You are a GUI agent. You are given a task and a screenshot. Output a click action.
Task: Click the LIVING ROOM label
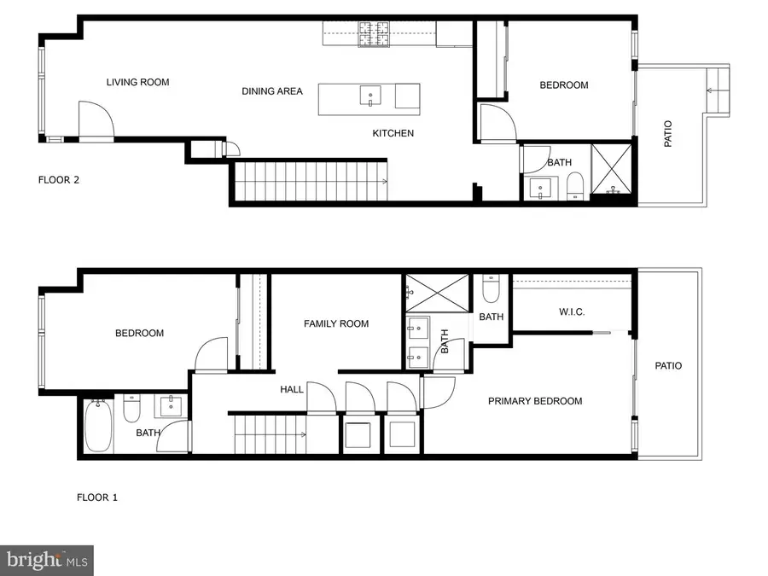click(x=137, y=83)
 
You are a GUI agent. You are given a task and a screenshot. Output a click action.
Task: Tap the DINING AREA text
click(x=272, y=91)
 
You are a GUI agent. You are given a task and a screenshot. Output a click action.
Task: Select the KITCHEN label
click(x=393, y=133)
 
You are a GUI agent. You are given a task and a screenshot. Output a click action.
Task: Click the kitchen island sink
click(x=370, y=96)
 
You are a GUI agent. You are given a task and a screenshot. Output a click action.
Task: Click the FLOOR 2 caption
click(x=59, y=180)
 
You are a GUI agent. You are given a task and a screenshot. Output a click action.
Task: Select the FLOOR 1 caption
click(x=97, y=497)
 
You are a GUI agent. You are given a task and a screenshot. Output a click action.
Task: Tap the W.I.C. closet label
click(x=572, y=312)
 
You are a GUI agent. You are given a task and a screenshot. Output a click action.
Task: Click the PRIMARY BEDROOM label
click(x=535, y=401)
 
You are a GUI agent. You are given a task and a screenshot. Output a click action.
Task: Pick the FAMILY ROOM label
click(x=336, y=323)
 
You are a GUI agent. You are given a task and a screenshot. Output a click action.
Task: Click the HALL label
click(x=292, y=389)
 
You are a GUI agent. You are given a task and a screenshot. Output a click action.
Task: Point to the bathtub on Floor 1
click(x=96, y=427)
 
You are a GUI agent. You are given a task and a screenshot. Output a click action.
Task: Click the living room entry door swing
click(x=94, y=119)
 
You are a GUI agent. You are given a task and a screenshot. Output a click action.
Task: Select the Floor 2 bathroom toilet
click(x=574, y=184)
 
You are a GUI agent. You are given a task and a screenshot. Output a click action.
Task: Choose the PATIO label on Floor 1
click(x=668, y=366)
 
